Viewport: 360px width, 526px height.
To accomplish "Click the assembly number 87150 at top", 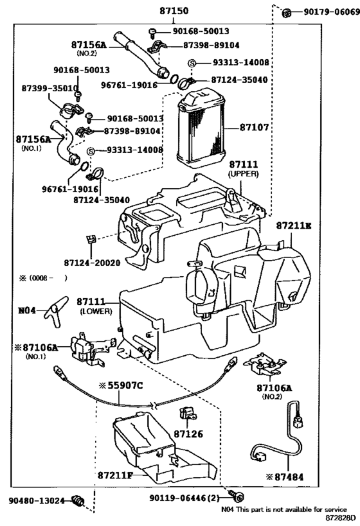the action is (x=174, y=11).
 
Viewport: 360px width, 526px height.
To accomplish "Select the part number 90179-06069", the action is (x=332, y=12).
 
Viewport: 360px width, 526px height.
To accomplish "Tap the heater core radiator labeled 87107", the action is (x=201, y=129).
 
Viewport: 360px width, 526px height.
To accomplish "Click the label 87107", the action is (x=254, y=127).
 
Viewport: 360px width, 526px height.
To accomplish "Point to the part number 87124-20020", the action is (x=92, y=263).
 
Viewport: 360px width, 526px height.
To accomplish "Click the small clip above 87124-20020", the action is (x=91, y=239).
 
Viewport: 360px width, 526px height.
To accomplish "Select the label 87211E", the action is (x=294, y=226).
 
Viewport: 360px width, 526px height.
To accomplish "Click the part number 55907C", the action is (x=125, y=386).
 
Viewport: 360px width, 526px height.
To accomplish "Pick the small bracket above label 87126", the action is (x=186, y=414).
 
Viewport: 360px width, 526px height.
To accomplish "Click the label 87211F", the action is (x=115, y=475).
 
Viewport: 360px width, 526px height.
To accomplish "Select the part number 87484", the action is (x=289, y=477).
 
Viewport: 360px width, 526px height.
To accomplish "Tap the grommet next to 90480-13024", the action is (x=79, y=501).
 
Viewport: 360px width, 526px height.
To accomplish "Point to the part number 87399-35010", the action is (x=50, y=88).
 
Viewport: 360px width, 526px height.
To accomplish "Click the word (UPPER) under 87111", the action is (x=244, y=174).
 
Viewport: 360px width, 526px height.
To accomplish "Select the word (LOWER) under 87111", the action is (x=96, y=311).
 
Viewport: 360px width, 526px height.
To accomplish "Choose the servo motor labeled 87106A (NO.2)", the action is (x=264, y=366).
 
